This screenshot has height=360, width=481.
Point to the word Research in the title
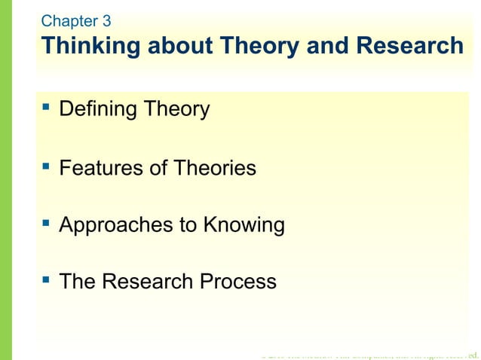[x=407, y=46]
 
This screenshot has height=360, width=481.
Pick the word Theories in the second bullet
[x=214, y=168]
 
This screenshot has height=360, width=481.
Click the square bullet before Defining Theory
[x=47, y=109]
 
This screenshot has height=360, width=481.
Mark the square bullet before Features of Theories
[x=47, y=167]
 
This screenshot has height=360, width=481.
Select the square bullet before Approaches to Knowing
[x=47, y=224]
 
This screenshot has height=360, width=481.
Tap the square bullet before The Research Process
[x=47, y=281]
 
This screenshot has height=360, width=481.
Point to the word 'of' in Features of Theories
[x=158, y=168]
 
